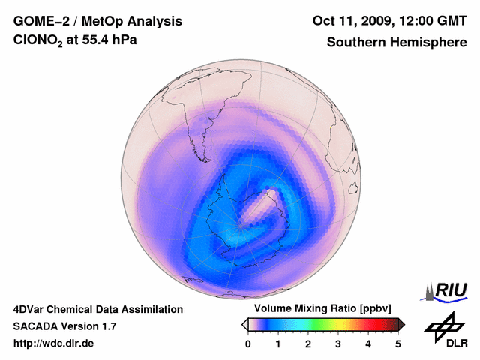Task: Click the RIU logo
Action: pos(448,290)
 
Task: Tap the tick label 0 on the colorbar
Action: pos(248,343)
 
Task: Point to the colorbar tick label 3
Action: pos(338,343)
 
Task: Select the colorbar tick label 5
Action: pos(398,343)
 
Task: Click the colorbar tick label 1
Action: pos(278,343)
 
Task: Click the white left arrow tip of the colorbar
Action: pos(245,324)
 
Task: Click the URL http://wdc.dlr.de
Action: pos(54,343)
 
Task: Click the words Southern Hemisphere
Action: pos(396,43)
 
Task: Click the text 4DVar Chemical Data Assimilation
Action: pos(98,309)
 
